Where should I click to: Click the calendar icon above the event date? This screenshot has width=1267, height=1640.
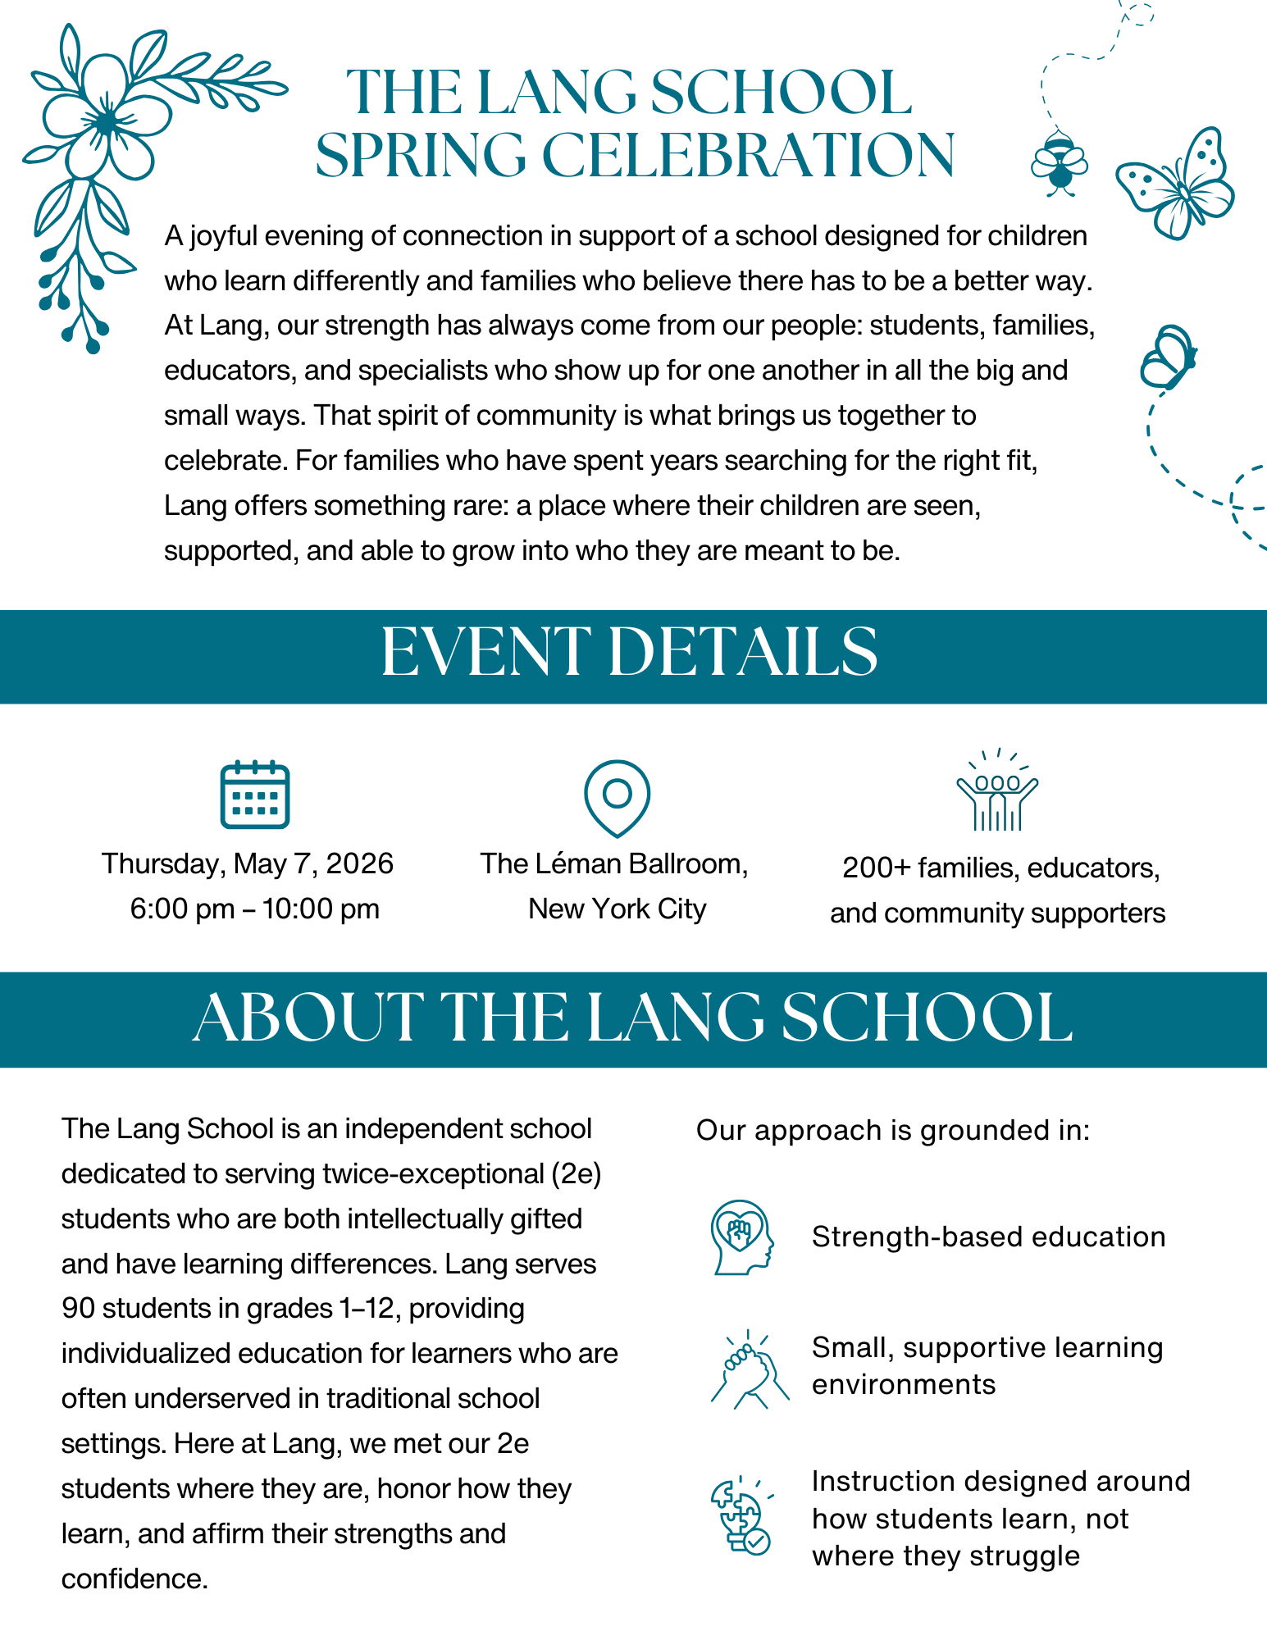255,795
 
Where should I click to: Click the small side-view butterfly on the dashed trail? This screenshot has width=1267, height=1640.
1168,358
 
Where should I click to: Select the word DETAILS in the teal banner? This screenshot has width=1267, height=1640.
743,654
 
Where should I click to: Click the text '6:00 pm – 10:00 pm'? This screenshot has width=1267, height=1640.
255,909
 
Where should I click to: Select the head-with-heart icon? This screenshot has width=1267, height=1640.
741,1237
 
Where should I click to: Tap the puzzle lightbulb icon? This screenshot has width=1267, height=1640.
741,1517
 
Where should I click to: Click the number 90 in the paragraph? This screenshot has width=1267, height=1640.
79,1309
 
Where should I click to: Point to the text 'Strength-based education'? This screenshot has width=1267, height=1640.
988,1237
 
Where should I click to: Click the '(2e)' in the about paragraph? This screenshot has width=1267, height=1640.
577,1174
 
